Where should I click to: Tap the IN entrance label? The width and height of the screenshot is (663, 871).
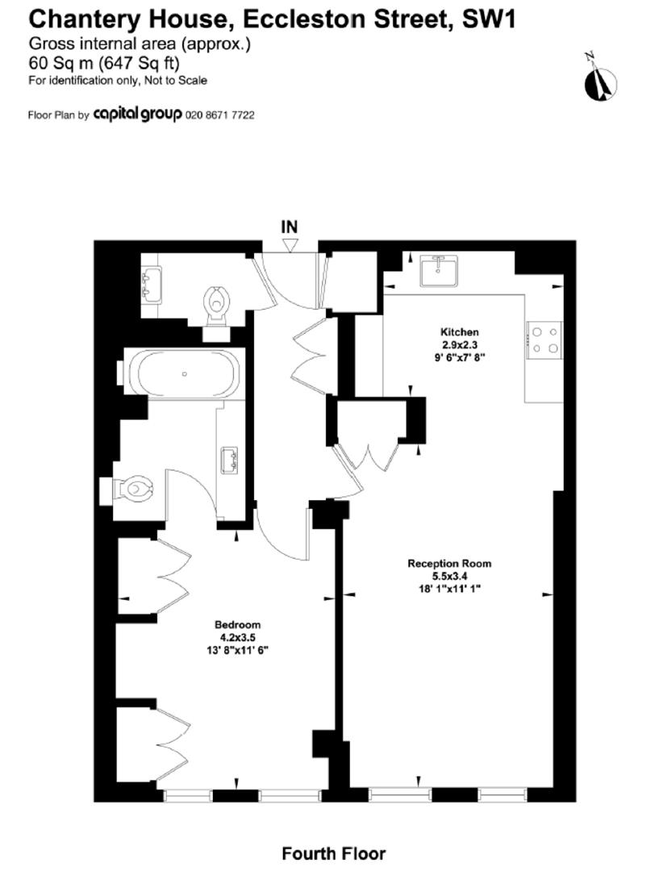pyautogui.click(x=290, y=227)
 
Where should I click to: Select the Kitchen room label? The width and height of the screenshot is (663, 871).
pyautogui.click(x=460, y=331)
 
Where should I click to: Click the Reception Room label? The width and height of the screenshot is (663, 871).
pyautogui.click(x=449, y=564)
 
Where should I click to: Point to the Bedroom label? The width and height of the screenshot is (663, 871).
pyautogui.click(x=237, y=624)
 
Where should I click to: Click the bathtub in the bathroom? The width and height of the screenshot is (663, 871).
pyautogui.click(x=185, y=374)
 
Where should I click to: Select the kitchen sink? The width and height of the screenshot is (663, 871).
pyautogui.click(x=439, y=270)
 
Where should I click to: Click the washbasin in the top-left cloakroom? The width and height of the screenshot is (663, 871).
pyautogui.click(x=150, y=283)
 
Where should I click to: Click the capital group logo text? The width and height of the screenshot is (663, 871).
pyautogui.click(x=138, y=115)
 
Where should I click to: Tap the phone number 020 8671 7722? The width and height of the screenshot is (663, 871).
pyautogui.click(x=220, y=115)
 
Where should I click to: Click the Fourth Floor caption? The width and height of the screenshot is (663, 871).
pyautogui.click(x=333, y=852)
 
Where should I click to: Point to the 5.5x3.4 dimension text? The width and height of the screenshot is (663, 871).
pyautogui.click(x=448, y=576)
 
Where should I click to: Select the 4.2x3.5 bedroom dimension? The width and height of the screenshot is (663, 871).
pyautogui.click(x=237, y=636)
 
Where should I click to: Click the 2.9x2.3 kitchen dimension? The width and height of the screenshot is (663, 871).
pyautogui.click(x=460, y=344)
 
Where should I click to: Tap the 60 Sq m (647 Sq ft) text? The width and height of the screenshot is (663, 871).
pyautogui.click(x=103, y=62)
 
